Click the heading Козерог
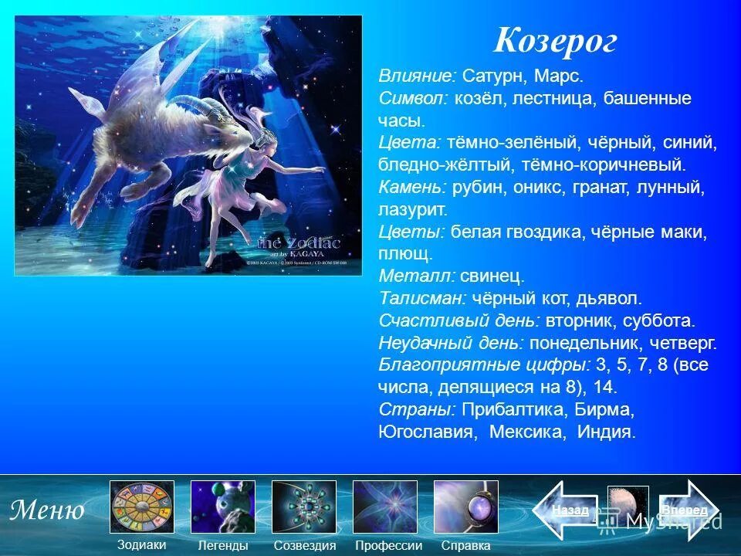point(555,40)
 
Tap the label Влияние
point(418,76)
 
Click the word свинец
point(492,276)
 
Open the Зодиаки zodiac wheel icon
point(142,507)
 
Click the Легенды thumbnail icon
point(223,507)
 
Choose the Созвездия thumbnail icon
point(304,507)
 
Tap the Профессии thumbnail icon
point(385,507)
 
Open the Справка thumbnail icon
point(466,507)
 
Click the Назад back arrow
point(567,510)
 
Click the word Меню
point(47,510)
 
